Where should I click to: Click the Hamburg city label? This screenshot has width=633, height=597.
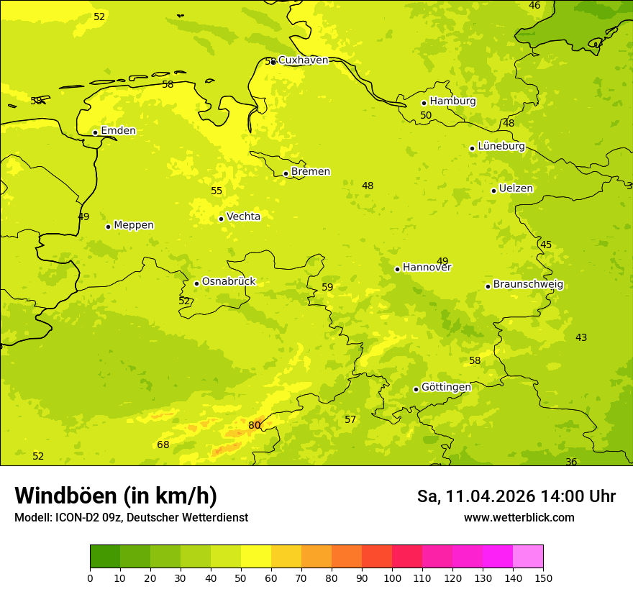(x=452, y=101)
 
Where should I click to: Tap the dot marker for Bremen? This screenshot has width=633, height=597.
(x=286, y=173)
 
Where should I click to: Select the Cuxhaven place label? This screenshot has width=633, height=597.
(x=303, y=60)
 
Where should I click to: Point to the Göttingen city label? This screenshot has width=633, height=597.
(x=446, y=388)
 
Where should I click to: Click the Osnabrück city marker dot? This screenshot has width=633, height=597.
(x=196, y=283)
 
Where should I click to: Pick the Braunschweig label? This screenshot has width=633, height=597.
(x=528, y=285)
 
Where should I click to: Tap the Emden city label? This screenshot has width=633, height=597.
(x=118, y=131)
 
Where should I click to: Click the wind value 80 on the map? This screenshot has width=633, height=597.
(x=254, y=426)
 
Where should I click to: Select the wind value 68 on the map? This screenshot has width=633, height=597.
(x=163, y=445)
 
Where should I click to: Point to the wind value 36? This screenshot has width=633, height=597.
(x=571, y=462)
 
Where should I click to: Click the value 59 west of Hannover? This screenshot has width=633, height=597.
(x=327, y=288)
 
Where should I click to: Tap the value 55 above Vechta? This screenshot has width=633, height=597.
(x=217, y=191)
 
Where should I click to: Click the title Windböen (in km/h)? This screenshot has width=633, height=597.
(x=116, y=496)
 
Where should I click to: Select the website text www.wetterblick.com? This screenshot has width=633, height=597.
(x=519, y=518)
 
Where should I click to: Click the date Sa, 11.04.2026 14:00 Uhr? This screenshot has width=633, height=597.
(x=516, y=496)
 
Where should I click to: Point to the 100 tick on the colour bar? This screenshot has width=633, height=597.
(x=392, y=578)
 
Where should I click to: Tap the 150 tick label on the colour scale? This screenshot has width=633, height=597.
(x=543, y=578)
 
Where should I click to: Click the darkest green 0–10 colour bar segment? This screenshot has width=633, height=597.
(x=105, y=557)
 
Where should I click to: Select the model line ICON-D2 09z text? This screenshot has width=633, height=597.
(x=131, y=518)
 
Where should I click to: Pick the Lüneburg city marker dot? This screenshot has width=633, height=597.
(x=472, y=148)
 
